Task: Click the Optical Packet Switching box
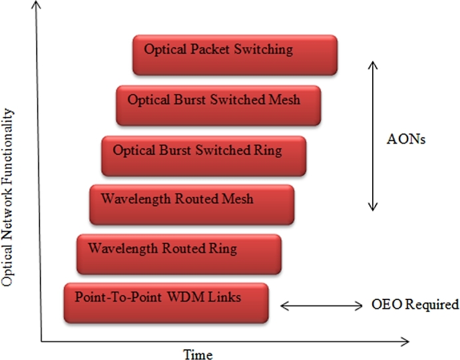[x=235, y=55]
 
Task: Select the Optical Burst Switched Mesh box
[x=219, y=105]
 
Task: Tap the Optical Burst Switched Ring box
[x=204, y=156]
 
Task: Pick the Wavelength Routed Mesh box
[x=192, y=204]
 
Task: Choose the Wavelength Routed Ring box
[x=179, y=254]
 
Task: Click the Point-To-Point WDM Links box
[x=166, y=303]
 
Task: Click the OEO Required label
[x=415, y=305]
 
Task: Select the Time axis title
[x=199, y=353]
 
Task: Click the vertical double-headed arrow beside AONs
[x=373, y=136]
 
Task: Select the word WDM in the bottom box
[x=185, y=297]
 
